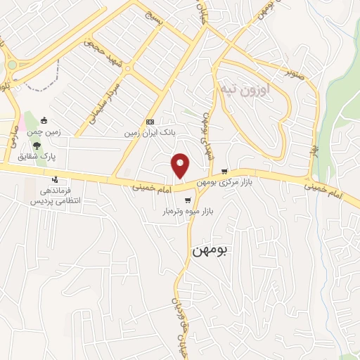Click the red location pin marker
181,165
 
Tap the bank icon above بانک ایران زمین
149,122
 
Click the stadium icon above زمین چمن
46,120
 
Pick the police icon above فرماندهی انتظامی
54,179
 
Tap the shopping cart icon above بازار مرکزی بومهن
224,171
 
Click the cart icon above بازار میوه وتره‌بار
187,200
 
